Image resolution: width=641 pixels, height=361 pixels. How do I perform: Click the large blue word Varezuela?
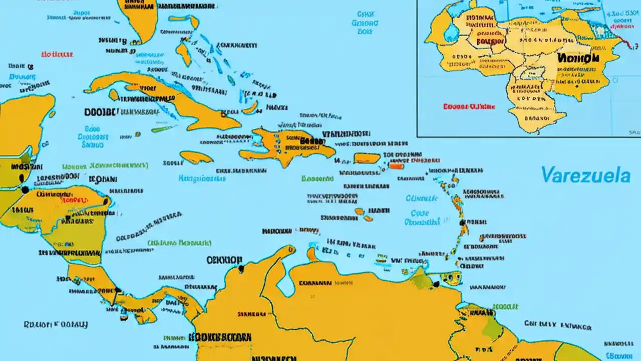point(585,175)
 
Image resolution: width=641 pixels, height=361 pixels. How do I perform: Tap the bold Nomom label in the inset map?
point(577,58)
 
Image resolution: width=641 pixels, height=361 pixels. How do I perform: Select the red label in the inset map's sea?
point(469,106)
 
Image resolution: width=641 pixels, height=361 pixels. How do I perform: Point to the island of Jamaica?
point(196,157)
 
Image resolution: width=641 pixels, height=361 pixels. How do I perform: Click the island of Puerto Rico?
point(367,158)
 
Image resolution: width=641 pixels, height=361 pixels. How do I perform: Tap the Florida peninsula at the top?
point(138,20)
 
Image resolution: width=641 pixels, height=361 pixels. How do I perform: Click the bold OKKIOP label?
point(224,260)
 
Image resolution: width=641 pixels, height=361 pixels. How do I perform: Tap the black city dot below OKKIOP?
point(241,269)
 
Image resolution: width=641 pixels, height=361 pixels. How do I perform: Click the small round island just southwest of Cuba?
point(114,94)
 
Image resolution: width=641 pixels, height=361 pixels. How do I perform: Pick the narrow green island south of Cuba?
point(162,129)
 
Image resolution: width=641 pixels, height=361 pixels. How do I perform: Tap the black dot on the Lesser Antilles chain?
point(462,222)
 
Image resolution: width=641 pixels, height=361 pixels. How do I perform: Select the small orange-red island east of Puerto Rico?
point(396,166)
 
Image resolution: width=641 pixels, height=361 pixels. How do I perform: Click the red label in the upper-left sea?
point(57,54)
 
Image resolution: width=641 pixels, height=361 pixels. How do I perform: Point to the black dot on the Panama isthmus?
point(118,290)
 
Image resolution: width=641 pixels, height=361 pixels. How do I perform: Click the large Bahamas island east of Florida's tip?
point(183,54)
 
